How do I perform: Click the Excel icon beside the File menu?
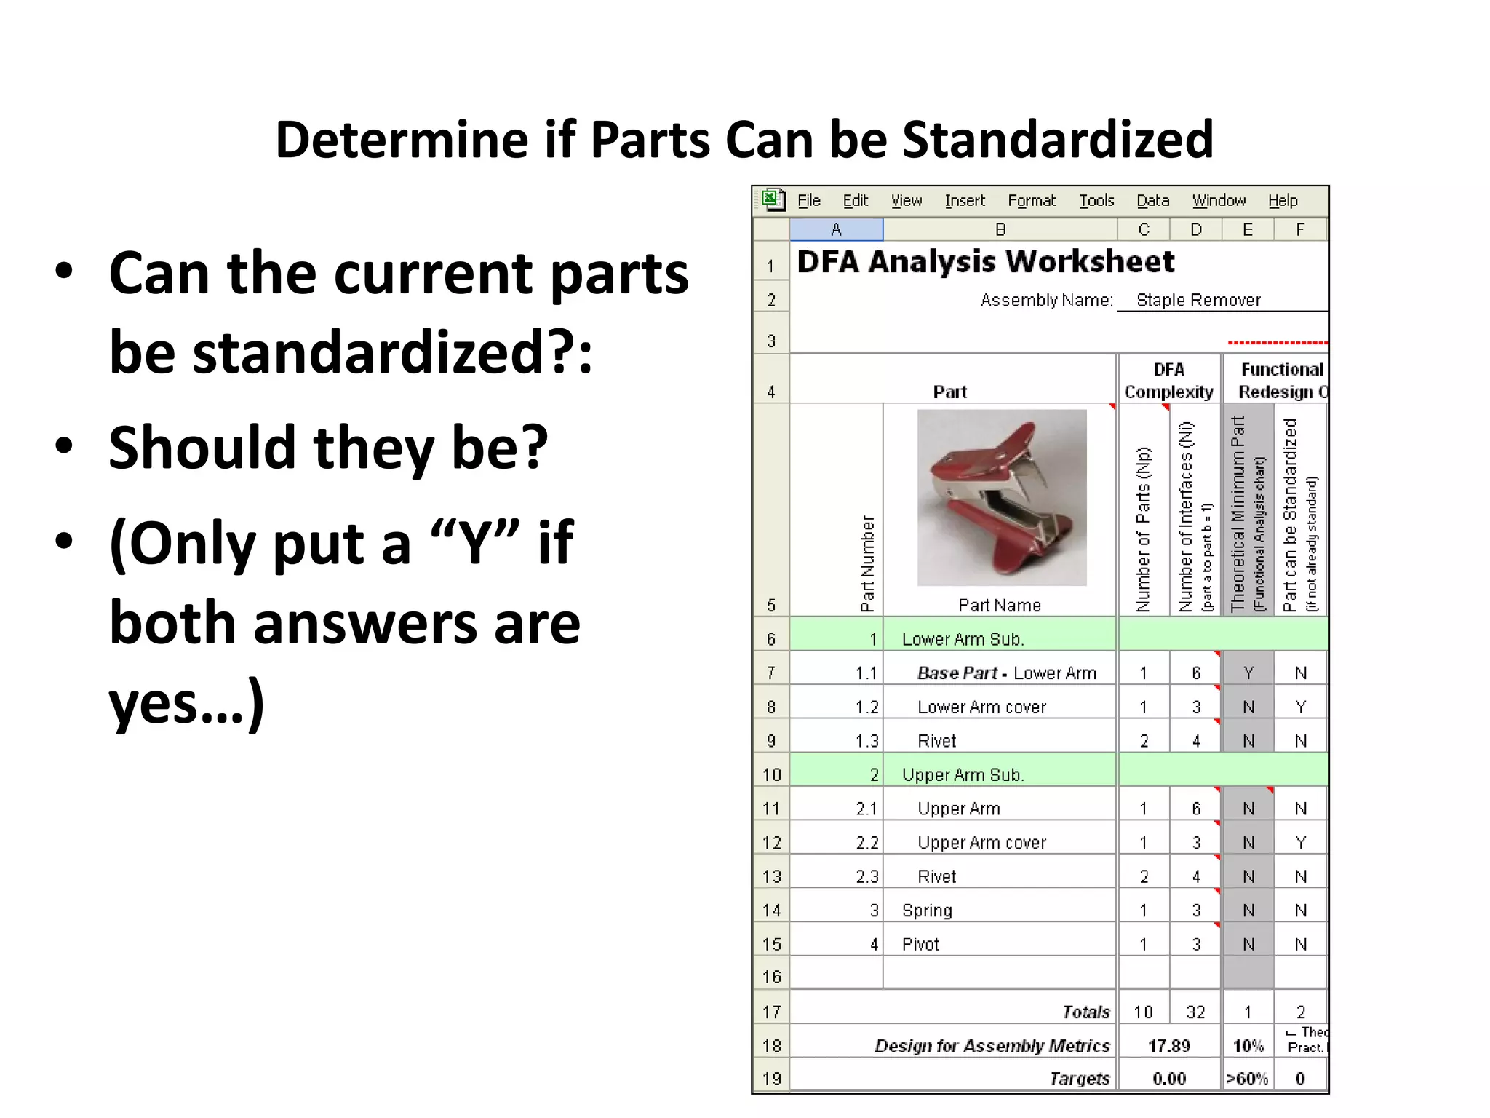point(773,199)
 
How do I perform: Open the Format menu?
point(1031,201)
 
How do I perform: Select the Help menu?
point(1282,201)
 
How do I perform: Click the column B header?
point(1000,230)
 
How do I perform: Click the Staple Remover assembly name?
point(1198,301)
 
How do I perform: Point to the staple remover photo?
point(1002,497)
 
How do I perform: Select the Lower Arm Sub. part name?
point(963,639)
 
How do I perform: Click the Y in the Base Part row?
point(1248,673)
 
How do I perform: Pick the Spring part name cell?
point(927,911)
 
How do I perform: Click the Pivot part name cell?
point(920,945)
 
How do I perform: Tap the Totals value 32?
point(1195,1012)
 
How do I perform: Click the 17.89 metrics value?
point(1168,1047)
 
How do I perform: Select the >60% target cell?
point(1247,1079)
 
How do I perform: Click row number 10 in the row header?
point(771,775)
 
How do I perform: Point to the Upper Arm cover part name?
point(981,843)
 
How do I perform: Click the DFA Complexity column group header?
point(1168,381)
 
